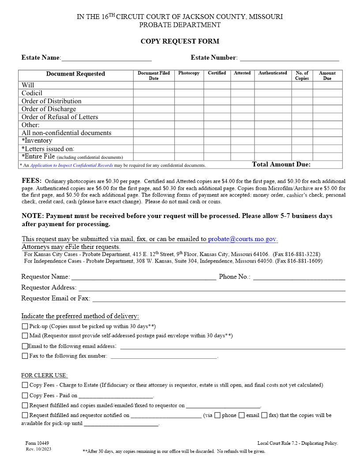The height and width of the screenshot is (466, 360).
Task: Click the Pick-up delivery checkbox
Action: tap(25, 327)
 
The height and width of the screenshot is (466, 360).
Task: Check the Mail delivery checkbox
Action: tap(25, 336)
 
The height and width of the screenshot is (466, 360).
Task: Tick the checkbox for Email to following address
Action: tap(25, 346)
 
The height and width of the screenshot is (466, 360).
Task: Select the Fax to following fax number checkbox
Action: tap(25, 356)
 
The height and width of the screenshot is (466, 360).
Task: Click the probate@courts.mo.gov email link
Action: tap(242, 239)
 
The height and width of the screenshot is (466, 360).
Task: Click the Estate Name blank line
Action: tap(106, 58)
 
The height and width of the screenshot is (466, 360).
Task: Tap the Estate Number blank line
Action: tap(289, 58)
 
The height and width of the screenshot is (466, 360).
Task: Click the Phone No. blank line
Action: tap(299, 277)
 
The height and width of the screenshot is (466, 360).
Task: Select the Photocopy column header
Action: tap(189, 73)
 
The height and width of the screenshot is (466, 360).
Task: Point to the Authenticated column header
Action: tap(273, 73)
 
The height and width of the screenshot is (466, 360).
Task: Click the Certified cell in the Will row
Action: tap(217, 85)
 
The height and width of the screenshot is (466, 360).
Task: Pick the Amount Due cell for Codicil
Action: tap(327, 93)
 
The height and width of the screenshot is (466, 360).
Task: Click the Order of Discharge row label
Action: tap(49, 109)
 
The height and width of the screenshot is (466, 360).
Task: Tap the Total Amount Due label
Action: tap(281, 165)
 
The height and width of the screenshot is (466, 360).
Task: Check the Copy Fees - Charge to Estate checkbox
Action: tap(25, 385)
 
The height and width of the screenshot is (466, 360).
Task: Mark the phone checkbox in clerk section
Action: tap(217, 415)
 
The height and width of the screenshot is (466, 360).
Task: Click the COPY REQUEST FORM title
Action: tap(180, 41)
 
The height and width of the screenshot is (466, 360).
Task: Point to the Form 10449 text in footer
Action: tap(37, 443)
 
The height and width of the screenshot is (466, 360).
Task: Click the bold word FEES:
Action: tap(32, 181)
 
